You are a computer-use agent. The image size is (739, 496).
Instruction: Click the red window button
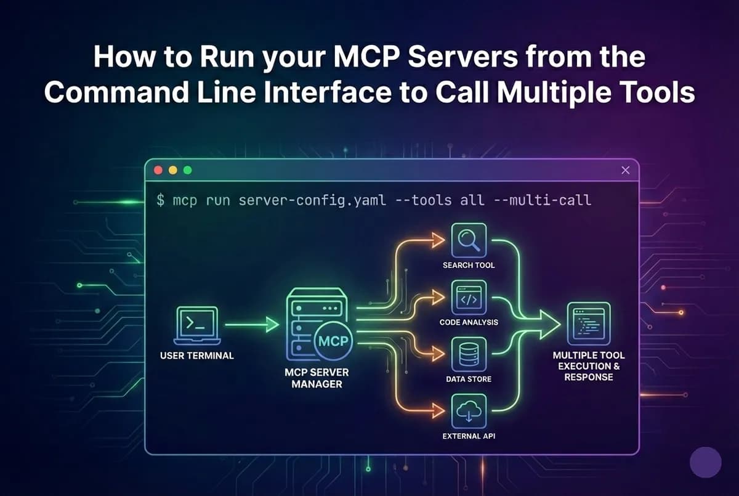pos(158,170)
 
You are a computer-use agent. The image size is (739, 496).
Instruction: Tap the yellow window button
pos(172,170)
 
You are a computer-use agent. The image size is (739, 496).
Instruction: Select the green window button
pos(187,170)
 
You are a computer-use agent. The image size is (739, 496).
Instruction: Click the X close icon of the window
pos(626,170)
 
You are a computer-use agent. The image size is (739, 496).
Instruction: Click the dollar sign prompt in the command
pos(160,201)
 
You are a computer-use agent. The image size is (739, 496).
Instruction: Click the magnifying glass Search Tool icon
pos(469,240)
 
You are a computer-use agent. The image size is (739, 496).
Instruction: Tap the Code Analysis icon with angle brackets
pos(469,298)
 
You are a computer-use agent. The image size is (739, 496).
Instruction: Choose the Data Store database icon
pos(469,354)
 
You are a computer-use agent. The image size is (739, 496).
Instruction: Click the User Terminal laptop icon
pos(196,325)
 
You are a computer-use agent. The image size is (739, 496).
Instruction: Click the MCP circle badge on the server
pos(333,341)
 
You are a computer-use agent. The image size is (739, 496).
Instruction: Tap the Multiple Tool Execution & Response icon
pos(588,323)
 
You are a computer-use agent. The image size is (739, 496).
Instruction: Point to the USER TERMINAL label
pos(196,356)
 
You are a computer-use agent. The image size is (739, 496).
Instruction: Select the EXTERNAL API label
pos(469,436)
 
